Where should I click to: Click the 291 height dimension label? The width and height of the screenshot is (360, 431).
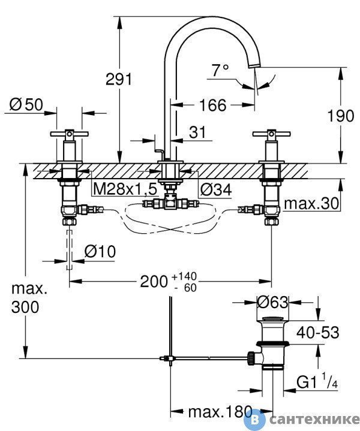(x=119, y=80)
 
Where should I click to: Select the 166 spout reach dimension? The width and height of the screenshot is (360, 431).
(x=212, y=105)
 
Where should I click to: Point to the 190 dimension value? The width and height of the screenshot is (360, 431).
(x=340, y=116)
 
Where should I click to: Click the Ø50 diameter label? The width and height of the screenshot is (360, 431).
(x=26, y=104)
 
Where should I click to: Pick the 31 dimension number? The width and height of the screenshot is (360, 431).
(x=197, y=132)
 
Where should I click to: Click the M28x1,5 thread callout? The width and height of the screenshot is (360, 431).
(x=125, y=189)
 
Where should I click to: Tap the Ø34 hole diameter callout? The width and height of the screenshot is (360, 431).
(x=216, y=189)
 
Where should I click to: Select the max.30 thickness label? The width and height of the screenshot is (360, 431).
(x=311, y=204)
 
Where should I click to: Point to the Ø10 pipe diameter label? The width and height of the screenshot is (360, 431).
(x=100, y=251)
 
